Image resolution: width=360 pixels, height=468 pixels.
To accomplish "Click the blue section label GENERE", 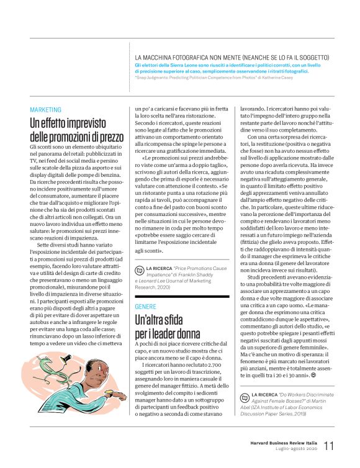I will (x=146, y=307).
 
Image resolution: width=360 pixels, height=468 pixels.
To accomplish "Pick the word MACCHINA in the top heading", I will (x=160, y=57).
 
